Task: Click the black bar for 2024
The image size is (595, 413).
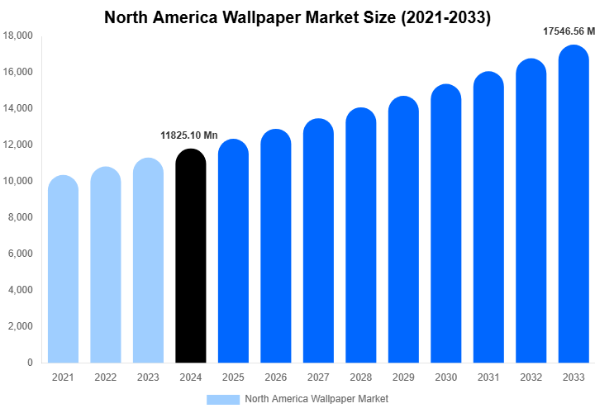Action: (x=191, y=256)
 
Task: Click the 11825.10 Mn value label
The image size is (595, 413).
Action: (x=188, y=135)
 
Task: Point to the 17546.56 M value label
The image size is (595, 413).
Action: (x=569, y=31)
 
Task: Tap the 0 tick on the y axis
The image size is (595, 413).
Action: (x=30, y=363)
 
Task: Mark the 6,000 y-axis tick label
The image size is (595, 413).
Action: (x=20, y=254)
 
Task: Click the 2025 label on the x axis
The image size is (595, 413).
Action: (x=233, y=378)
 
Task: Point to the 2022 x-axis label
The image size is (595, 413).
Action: (x=105, y=378)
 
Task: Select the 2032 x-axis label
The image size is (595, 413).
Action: (x=531, y=378)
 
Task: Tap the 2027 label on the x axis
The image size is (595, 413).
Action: (x=318, y=378)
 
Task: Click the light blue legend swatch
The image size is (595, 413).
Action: (x=222, y=399)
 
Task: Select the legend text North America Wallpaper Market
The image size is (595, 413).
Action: (x=317, y=399)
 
